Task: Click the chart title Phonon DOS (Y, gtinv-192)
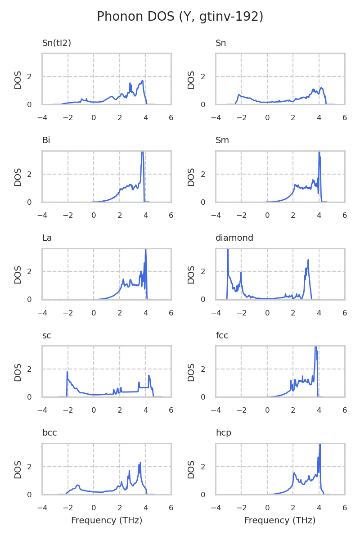click(x=180, y=17)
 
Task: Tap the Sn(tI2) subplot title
click(x=57, y=43)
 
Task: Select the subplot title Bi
click(x=46, y=140)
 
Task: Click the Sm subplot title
click(x=222, y=140)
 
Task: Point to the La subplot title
click(x=47, y=238)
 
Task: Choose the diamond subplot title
click(x=234, y=238)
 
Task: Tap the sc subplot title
click(x=46, y=336)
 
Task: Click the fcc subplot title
click(x=222, y=336)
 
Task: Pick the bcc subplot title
click(x=49, y=433)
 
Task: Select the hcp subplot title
click(x=223, y=433)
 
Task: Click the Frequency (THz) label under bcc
click(x=107, y=521)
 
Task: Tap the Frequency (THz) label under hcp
click(x=280, y=521)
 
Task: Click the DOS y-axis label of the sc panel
click(x=18, y=372)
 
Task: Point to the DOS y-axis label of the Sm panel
click(x=191, y=177)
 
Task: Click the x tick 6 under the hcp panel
click(x=345, y=508)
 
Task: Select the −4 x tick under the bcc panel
click(x=42, y=508)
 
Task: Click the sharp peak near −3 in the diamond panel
click(x=228, y=250)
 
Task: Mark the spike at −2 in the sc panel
click(x=67, y=372)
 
